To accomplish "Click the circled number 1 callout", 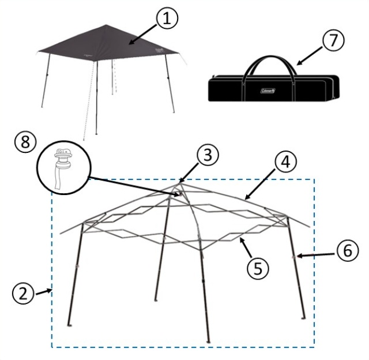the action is click(x=167, y=18).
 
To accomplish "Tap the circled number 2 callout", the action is click(x=23, y=294).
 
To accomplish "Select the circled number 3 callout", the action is click(x=208, y=155).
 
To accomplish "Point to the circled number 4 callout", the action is click(x=286, y=162).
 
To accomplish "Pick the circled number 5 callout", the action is click(x=258, y=268).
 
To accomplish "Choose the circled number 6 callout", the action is click(x=348, y=250).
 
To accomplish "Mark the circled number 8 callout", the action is click(x=25, y=142).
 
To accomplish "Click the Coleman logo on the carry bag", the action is click(x=268, y=91).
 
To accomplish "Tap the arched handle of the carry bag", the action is click(x=270, y=57).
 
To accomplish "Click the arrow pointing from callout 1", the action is click(x=143, y=35).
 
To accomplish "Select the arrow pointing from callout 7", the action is click(x=309, y=55).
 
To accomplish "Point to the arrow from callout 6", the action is click(x=315, y=256).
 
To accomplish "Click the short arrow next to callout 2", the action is click(x=44, y=292).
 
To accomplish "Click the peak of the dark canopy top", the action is click(x=106, y=25).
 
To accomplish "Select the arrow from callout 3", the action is click(x=189, y=174).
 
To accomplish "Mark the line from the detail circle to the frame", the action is click(x=134, y=186).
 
